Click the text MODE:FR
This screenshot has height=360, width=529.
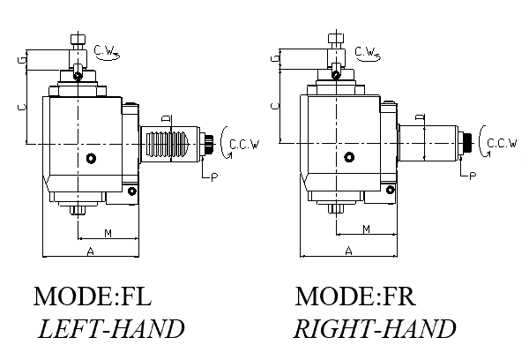click(x=354, y=296)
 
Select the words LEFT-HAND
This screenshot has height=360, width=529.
click(x=111, y=329)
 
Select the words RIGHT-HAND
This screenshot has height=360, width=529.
click(x=375, y=329)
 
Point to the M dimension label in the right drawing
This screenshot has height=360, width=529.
click(x=365, y=229)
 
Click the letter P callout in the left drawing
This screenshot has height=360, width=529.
click(x=213, y=176)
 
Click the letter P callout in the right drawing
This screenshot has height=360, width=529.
click(x=473, y=176)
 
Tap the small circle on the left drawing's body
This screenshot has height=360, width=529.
click(x=92, y=159)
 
